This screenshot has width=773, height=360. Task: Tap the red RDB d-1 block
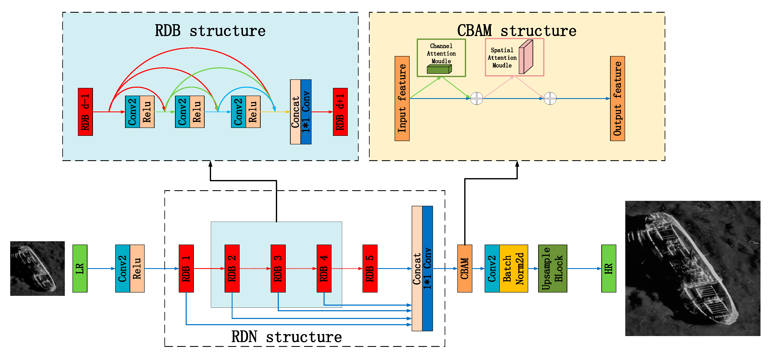85,112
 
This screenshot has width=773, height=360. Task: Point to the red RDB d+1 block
340,112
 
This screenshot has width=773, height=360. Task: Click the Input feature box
402,98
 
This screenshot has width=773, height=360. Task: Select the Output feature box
617,98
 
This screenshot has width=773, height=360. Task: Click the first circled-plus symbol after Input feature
477,98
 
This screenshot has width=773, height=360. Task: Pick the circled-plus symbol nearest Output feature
550,98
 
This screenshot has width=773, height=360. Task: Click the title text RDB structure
210,31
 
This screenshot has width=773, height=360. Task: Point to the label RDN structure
286,337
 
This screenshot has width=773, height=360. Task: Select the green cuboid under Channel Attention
439,70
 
